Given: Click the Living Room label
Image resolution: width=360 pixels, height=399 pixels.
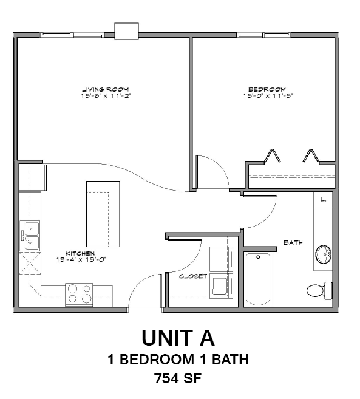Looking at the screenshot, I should [105, 89].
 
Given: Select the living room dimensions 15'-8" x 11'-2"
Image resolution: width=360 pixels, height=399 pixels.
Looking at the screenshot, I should [105, 96].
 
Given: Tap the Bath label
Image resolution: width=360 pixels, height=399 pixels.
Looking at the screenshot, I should [293, 242].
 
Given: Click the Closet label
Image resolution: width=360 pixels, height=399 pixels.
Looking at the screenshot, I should [193, 276].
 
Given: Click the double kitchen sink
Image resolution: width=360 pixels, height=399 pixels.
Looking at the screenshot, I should [30, 236].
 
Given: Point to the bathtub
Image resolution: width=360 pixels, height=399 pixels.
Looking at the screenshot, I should [259, 279].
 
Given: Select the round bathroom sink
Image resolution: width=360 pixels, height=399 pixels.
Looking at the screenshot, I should [323, 255].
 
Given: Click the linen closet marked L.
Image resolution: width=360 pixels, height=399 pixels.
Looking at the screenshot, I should [324, 199].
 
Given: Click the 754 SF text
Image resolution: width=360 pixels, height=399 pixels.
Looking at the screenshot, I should [178, 378].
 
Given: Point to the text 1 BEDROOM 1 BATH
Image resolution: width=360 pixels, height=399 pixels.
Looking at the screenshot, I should [178, 359].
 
